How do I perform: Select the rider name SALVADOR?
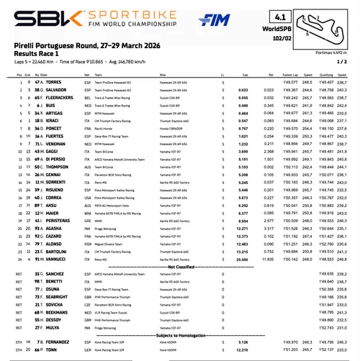coord(53,111)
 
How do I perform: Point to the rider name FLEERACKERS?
coord(57,117)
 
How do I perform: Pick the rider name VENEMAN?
coord(53,144)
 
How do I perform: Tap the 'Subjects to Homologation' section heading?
coord(181,334)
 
